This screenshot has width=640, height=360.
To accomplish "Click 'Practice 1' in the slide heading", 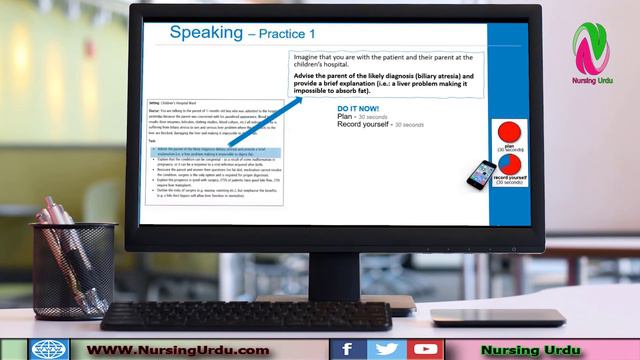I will pyautogui.click(x=290, y=35).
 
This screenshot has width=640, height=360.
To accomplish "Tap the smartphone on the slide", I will pyautogui.click(x=482, y=174).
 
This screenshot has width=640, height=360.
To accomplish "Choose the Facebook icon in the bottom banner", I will pyautogui.click(x=348, y=349).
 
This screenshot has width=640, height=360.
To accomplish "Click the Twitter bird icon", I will pyautogui.click(x=386, y=349).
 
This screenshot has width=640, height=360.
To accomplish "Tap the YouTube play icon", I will pyautogui.click(x=425, y=349).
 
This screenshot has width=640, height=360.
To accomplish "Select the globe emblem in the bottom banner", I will pyautogui.click(x=48, y=349).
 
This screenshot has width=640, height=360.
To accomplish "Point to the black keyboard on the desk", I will pyautogui.click(x=245, y=315).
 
